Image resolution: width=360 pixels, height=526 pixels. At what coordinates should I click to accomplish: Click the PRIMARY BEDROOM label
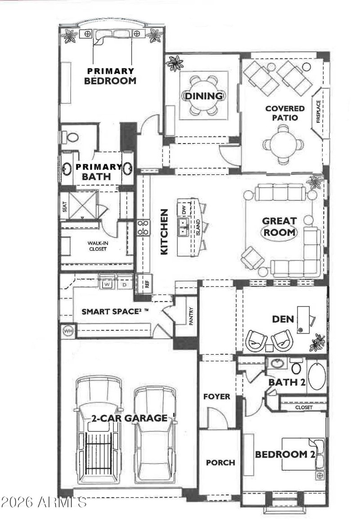click(110, 76)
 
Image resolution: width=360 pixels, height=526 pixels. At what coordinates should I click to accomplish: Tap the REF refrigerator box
click(146, 283)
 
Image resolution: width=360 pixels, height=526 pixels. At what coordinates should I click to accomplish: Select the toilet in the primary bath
click(71, 136)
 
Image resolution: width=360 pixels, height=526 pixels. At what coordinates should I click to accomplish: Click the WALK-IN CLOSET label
click(98, 246)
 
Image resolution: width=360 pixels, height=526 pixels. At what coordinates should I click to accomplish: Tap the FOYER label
click(217, 396)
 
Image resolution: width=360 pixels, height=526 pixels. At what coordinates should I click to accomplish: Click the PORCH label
click(220, 463)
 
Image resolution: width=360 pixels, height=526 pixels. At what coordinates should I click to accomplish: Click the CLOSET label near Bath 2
click(304, 407)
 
